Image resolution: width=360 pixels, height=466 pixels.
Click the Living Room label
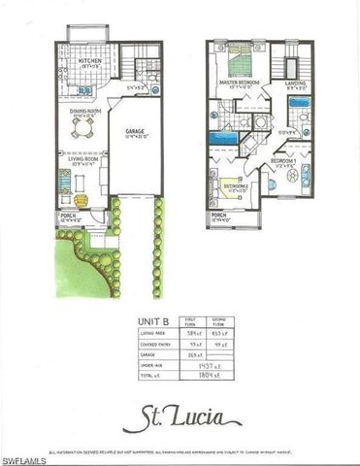(81, 162)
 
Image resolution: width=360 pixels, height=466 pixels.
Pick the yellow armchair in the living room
(81, 199)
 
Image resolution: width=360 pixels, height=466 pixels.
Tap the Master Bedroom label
(239, 83)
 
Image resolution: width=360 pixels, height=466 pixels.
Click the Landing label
(296, 83)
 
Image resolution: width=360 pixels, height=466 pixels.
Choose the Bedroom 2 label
(237, 185)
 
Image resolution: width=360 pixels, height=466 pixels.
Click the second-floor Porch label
(219, 215)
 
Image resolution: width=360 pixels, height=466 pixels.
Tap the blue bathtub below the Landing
(300, 101)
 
